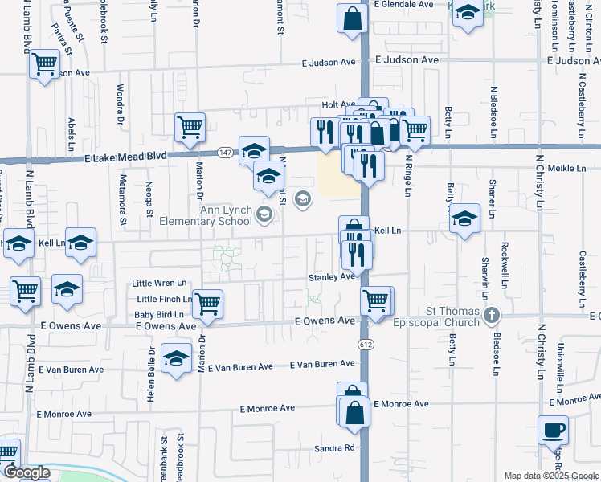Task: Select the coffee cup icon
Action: [553, 431]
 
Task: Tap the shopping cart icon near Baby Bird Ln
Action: [208, 304]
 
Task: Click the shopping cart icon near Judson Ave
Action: [45, 63]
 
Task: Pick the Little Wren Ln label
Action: [159, 284]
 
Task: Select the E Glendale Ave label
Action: [404, 4]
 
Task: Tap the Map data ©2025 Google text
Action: [551, 476]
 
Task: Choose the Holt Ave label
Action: [337, 105]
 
